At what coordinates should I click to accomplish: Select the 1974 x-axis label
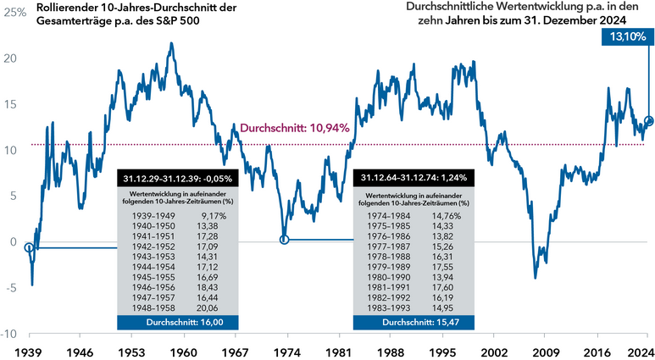286,349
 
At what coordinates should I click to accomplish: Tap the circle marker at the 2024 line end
649,121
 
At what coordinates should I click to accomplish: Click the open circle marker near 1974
285,240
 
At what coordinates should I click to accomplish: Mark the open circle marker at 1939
30,247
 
